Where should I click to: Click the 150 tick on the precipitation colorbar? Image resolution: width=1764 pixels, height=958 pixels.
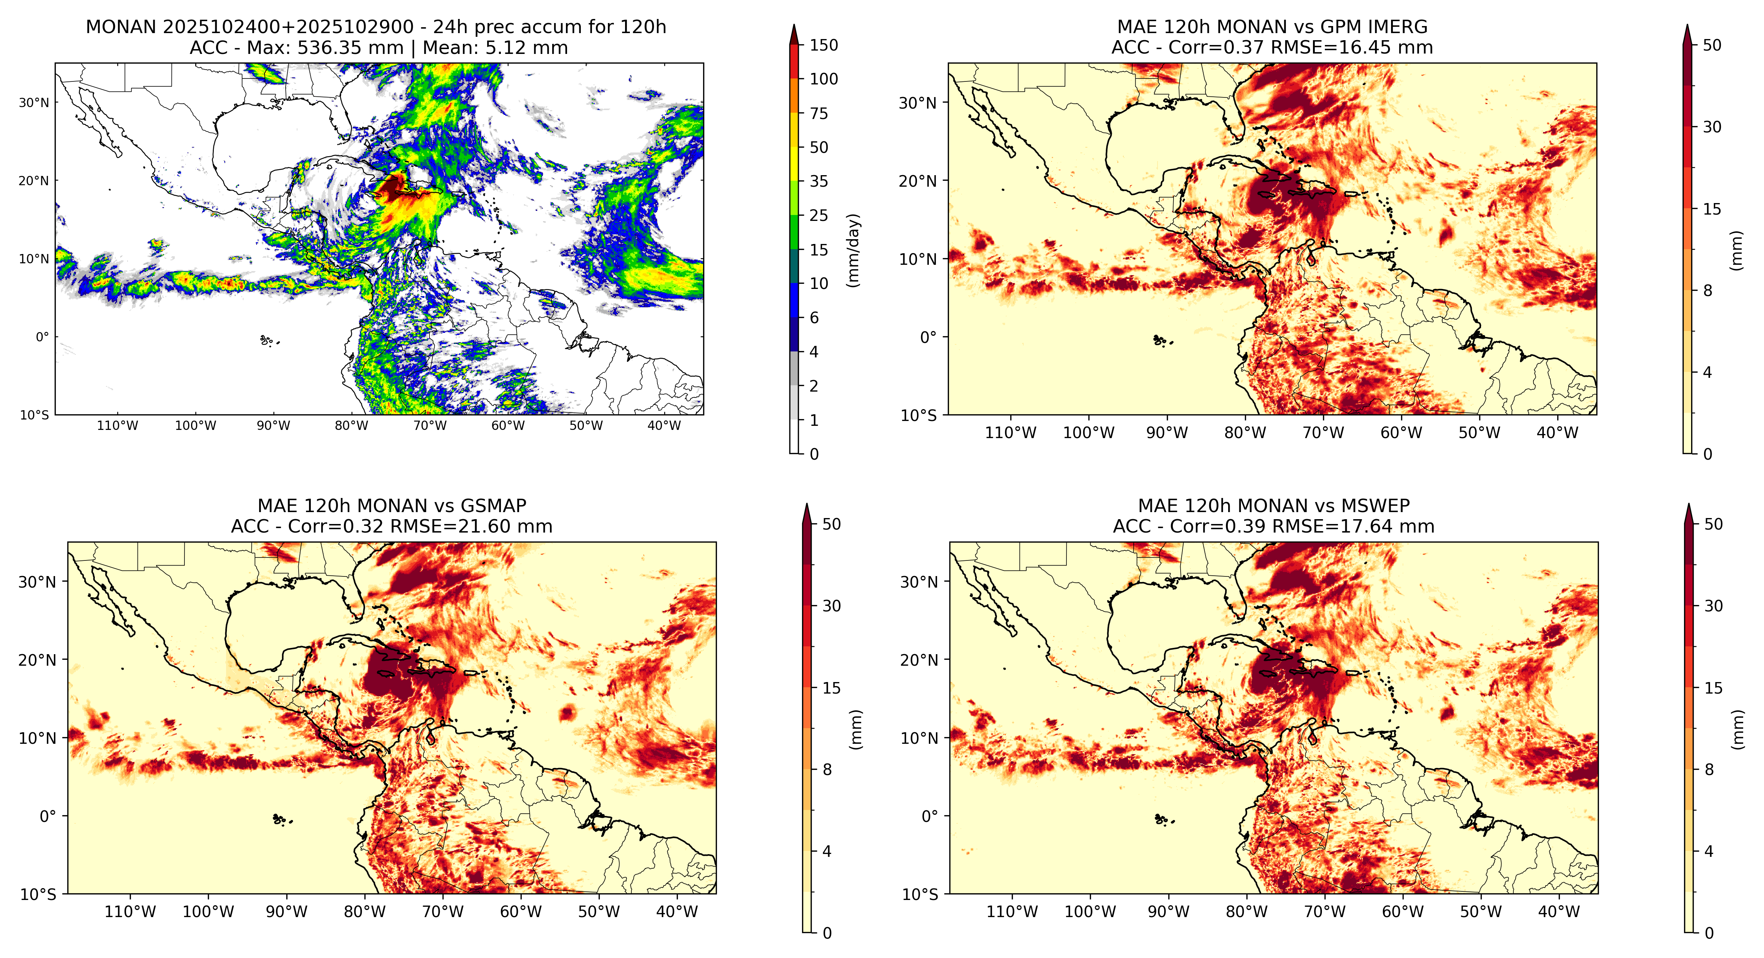click(x=824, y=45)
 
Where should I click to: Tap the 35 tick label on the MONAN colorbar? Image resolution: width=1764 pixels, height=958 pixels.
click(x=819, y=181)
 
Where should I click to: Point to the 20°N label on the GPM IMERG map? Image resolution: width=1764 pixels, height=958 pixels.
click(x=918, y=181)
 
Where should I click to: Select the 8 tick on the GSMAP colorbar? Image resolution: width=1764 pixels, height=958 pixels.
click(x=827, y=770)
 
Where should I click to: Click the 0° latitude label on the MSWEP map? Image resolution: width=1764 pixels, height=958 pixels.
click(x=929, y=816)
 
